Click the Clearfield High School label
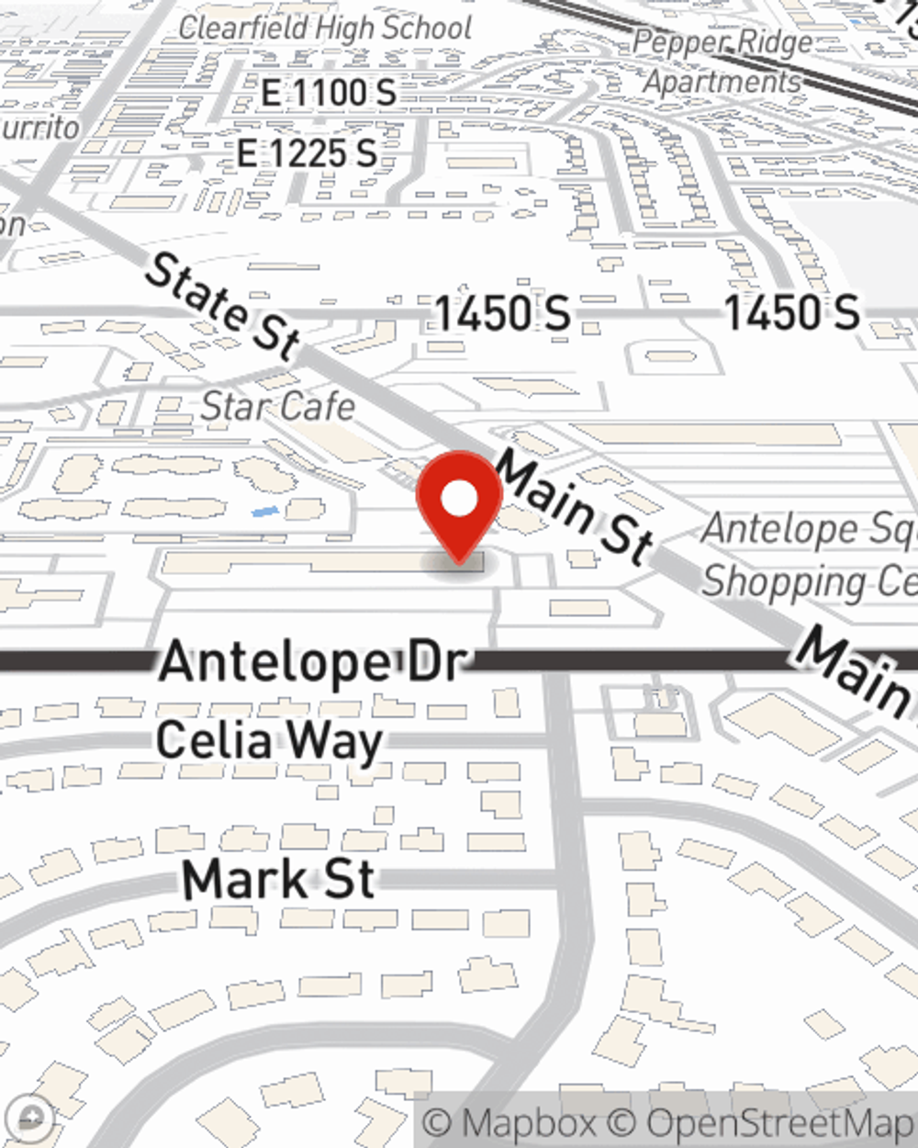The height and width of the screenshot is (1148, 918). tap(326, 28)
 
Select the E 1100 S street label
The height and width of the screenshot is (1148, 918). tap(328, 92)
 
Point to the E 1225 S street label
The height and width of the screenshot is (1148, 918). tap(307, 152)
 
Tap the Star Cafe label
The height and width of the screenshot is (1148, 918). tap(277, 406)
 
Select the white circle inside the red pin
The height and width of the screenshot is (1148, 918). tap(460, 500)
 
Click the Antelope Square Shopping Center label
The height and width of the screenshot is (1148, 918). tap(809, 555)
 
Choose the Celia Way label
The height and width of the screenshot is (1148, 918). tap(269, 741)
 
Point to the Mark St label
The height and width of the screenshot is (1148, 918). tap(279, 879)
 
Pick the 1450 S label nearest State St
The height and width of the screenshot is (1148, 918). tap(502, 313)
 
